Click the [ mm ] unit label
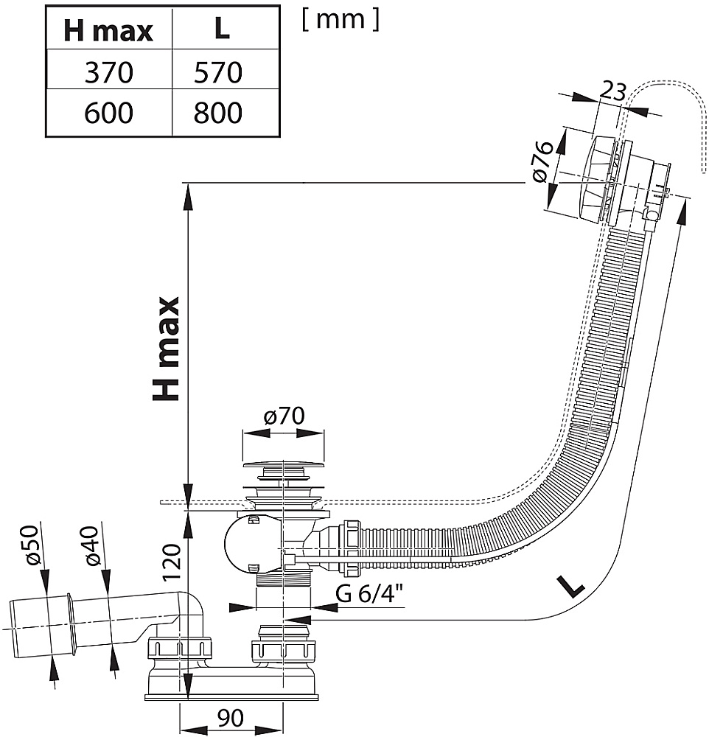(x=340, y=20)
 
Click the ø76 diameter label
(x=542, y=161)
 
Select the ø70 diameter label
(x=284, y=416)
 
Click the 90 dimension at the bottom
(x=231, y=718)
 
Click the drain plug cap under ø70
(x=284, y=466)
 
